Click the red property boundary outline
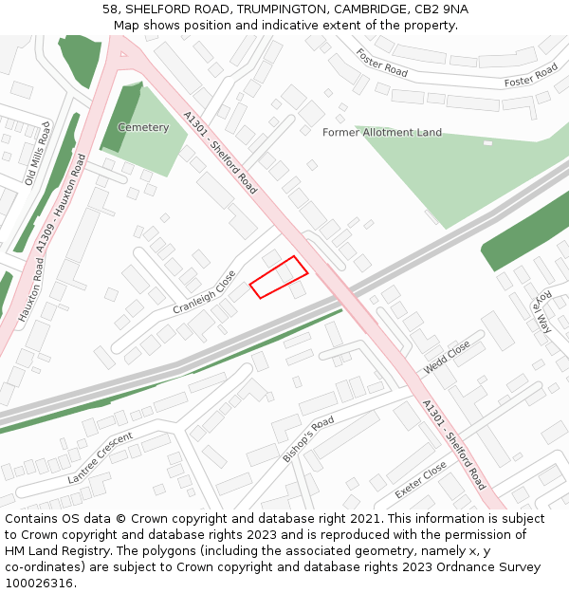279,277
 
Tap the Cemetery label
143,127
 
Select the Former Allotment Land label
382,133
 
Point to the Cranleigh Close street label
204,293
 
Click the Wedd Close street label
447,358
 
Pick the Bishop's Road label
308,438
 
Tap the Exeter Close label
420,481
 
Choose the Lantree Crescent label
101,457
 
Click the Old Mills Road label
38,152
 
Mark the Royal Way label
542,310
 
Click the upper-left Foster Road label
382,64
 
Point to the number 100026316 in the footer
39,583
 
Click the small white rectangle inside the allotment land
487,143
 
